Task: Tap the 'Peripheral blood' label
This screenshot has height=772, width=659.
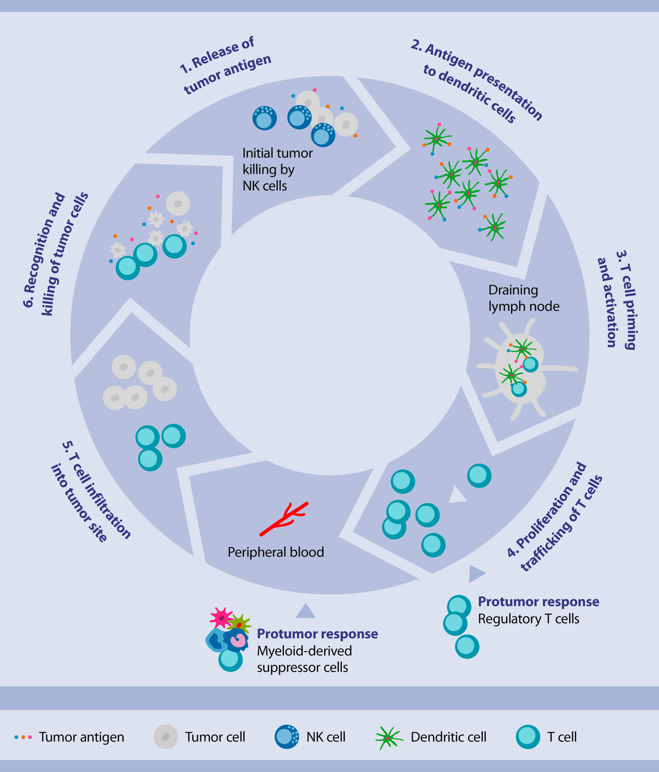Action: (276, 552)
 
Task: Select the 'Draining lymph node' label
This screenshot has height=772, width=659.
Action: (523, 298)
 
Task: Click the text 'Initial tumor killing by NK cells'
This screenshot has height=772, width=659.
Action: (277, 170)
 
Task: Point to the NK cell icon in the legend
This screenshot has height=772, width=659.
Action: (287, 737)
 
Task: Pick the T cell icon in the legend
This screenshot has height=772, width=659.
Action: (528, 737)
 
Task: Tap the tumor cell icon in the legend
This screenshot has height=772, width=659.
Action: (166, 737)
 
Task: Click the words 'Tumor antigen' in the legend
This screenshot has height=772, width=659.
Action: (81, 737)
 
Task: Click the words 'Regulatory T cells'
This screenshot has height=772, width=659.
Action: (528, 619)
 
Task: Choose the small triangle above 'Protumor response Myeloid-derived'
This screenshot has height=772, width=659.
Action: (306, 612)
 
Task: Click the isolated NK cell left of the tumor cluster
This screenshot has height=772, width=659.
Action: (264, 118)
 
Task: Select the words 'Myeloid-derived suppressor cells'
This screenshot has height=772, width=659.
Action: (304, 659)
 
